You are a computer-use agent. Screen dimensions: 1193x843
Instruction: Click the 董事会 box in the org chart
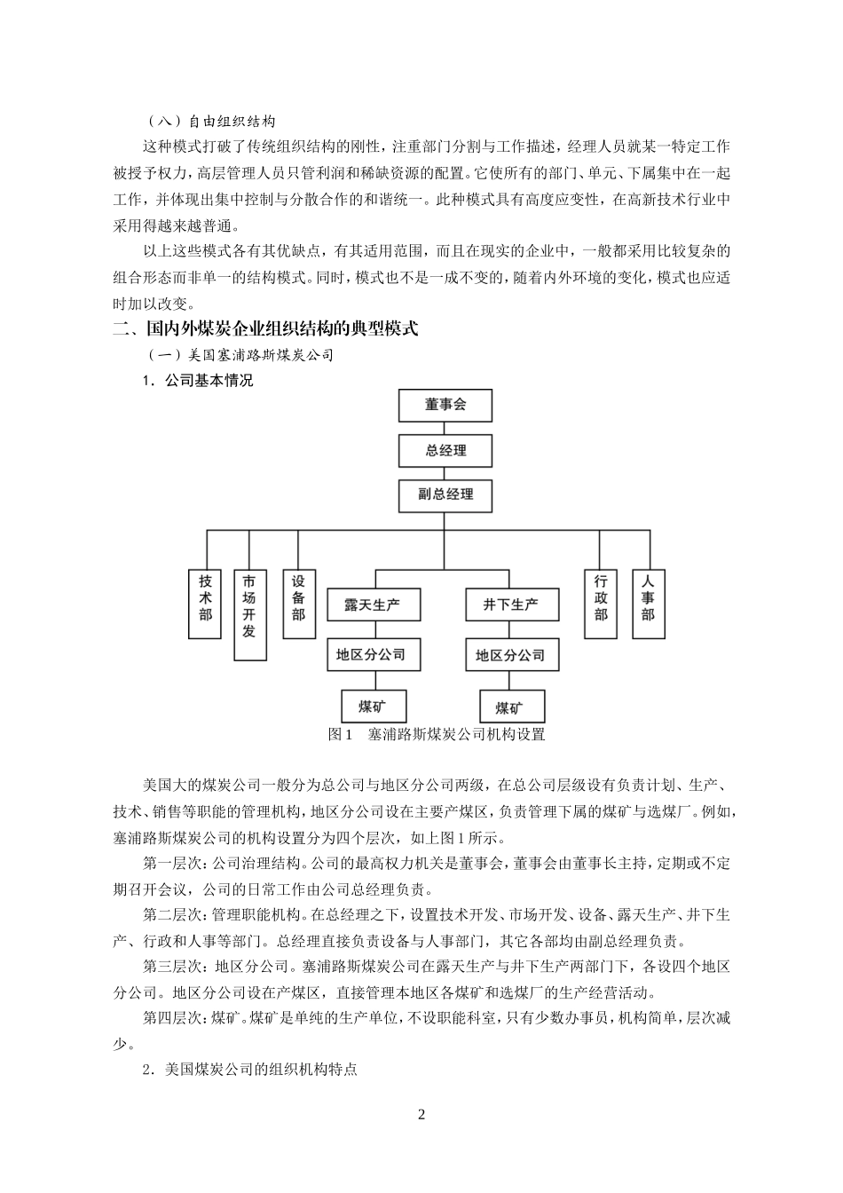click(x=445, y=406)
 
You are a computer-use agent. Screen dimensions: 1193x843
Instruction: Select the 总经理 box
click(x=445, y=450)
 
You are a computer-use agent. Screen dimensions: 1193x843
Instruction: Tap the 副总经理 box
click(x=445, y=494)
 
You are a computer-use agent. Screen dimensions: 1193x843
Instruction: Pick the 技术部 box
click(x=205, y=604)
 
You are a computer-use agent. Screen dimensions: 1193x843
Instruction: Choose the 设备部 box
click(x=298, y=604)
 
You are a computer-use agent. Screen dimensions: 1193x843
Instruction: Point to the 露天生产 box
click(x=373, y=604)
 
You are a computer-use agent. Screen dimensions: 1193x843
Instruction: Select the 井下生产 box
click(x=511, y=604)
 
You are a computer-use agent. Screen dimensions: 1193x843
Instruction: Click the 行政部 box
click(x=601, y=604)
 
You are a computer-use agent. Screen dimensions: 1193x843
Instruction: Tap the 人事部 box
click(x=648, y=604)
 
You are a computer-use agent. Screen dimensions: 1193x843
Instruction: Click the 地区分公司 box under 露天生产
click(x=373, y=655)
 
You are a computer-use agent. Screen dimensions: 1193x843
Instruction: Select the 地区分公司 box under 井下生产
click(x=511, y=655)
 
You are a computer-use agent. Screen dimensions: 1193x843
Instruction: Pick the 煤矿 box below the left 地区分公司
click(x=373, y=707)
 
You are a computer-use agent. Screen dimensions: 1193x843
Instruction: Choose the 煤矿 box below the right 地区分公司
click(x=510, y=707)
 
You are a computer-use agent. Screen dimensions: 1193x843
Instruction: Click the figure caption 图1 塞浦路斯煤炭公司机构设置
click(x=436, y=734)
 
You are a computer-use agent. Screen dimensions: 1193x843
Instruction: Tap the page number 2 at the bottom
click(x=421, y=1115)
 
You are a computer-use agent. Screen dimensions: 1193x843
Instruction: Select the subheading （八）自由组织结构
click(x=212, y=122)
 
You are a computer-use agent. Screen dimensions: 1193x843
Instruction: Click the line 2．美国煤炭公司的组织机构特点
click(x=250, y=1070)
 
